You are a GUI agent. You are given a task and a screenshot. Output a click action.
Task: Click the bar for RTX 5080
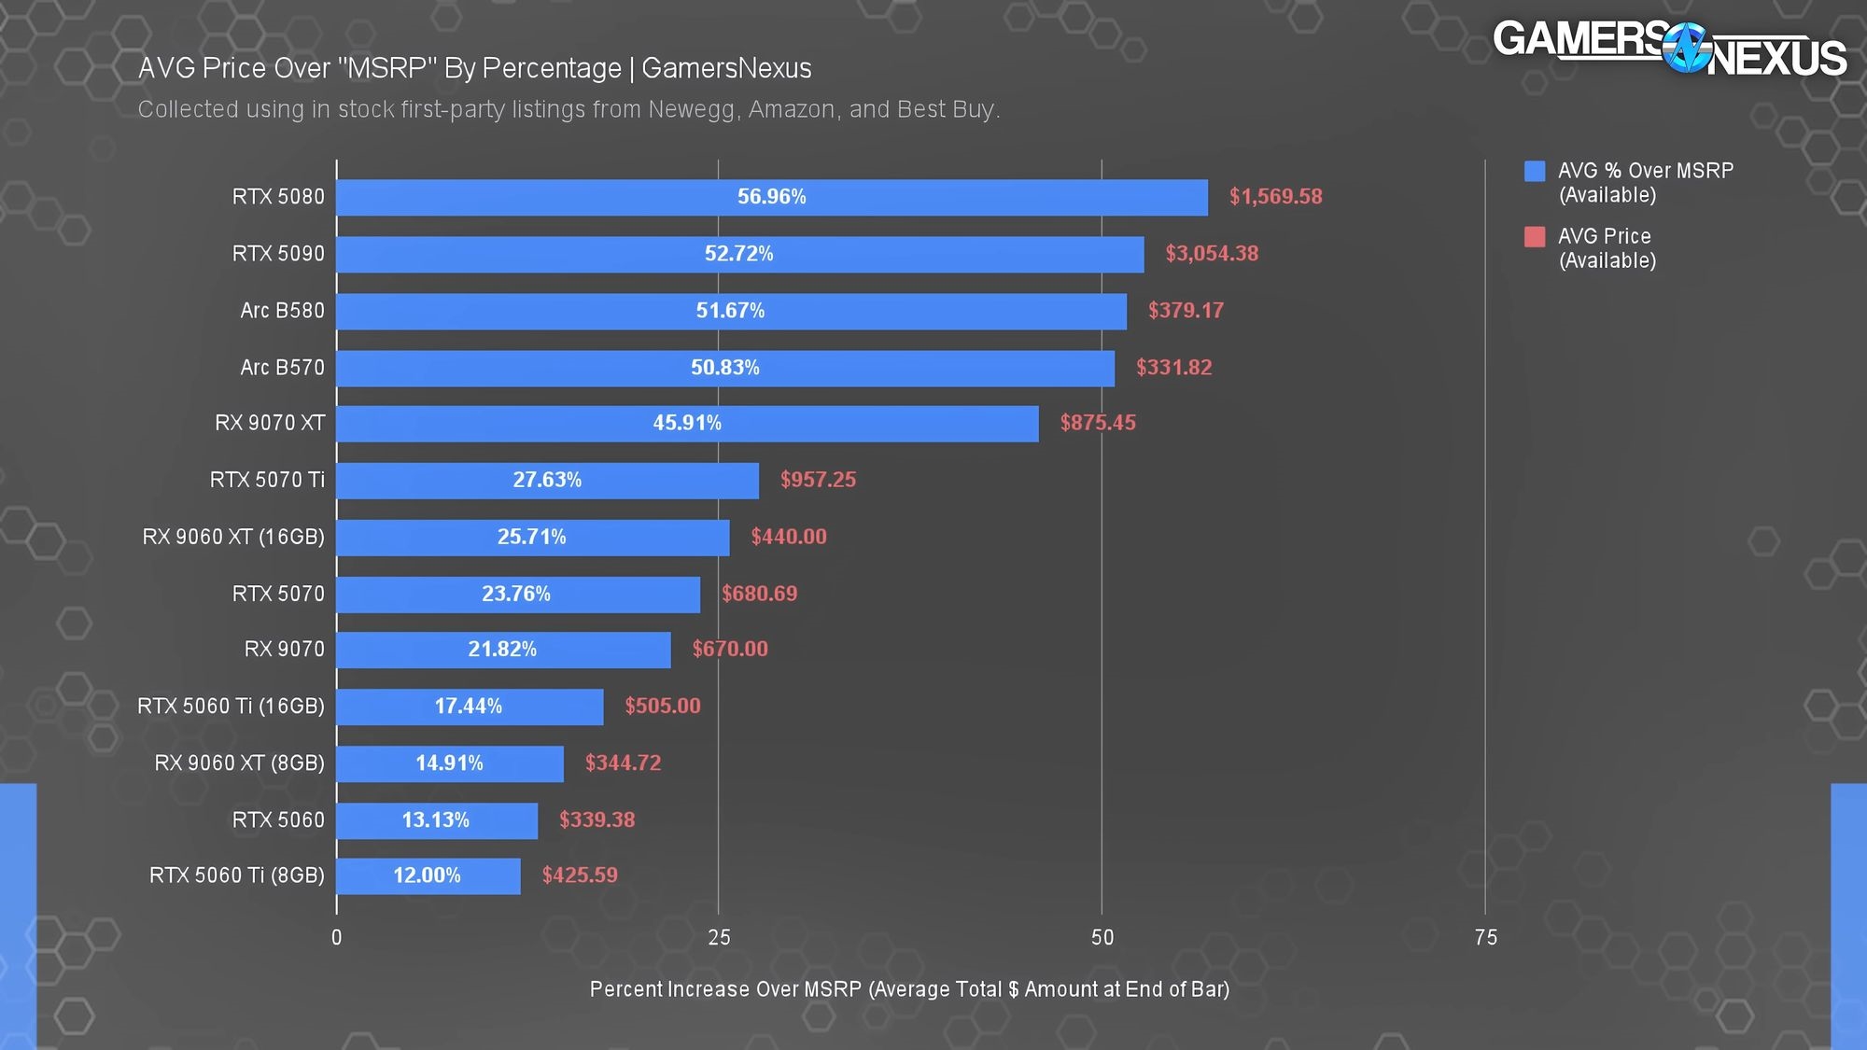772,197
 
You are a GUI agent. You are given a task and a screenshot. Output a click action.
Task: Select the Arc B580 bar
731,311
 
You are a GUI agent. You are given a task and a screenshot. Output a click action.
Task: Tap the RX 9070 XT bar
687,423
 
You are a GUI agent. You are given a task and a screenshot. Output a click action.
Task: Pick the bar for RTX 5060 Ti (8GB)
428,875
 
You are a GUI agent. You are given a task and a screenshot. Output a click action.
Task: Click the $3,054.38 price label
1212,254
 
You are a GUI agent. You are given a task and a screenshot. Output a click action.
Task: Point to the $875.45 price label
1098,423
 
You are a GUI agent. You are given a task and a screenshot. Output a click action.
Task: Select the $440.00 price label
789,537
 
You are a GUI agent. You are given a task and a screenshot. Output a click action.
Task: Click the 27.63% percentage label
547,480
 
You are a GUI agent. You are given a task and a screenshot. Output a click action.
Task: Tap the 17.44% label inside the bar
469,707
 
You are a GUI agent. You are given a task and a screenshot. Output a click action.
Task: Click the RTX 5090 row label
278,254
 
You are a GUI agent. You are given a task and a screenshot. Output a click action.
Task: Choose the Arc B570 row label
282,368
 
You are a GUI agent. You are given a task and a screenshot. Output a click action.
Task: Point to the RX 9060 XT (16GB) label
233,537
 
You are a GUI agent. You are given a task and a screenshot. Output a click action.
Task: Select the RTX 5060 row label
278,820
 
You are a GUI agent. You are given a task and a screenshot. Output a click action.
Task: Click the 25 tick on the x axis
719,938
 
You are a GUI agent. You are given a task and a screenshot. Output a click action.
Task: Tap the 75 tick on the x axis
1485,938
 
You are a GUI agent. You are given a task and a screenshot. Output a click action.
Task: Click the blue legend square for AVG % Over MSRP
1535,171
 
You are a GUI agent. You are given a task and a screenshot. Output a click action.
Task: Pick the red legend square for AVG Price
1535,237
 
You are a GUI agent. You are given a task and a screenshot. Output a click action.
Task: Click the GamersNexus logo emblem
1687,47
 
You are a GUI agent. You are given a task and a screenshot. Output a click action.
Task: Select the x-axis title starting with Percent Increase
909,989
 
